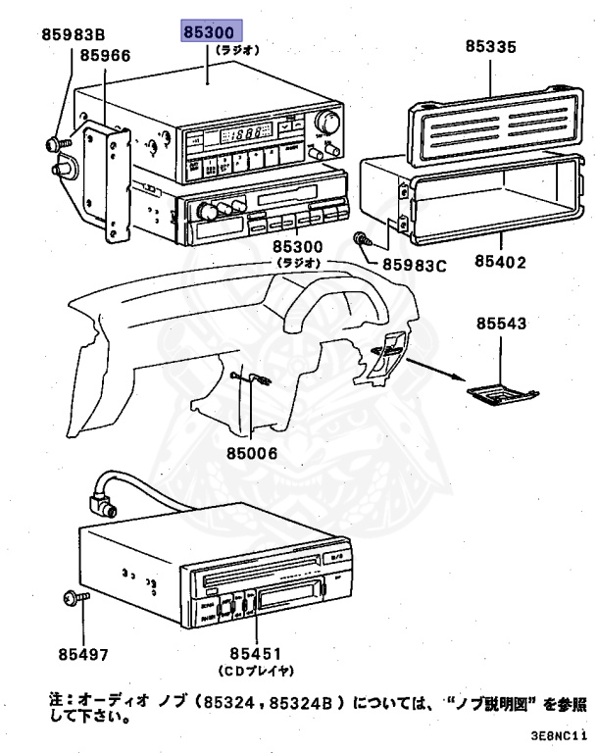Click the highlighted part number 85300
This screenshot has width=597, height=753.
click(208, 33)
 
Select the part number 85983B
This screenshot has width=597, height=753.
click(73, 35)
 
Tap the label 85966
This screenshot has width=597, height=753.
click(105, 56)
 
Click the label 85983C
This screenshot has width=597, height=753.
click(415, 264)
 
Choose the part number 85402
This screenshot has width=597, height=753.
click(500, 263)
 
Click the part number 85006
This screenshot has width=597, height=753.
click(252, 453)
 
